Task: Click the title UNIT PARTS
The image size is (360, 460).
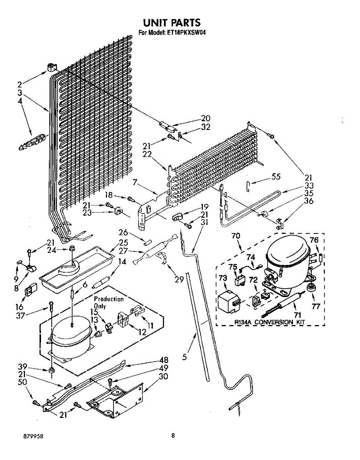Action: coord(172,23)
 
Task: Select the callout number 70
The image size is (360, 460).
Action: coord(236,236)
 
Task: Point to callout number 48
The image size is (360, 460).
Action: coord(163,360)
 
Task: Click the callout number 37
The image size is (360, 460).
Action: coord(21,315)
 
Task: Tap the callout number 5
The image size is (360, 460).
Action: coord(184,357)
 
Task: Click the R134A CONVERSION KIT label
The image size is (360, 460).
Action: coord(270,322)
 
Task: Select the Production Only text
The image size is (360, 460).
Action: coord(108,302)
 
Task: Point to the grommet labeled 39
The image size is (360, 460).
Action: coord(51,370)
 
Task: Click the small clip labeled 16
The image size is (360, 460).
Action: coord(31,288)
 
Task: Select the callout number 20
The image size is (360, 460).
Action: coord(205,118)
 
